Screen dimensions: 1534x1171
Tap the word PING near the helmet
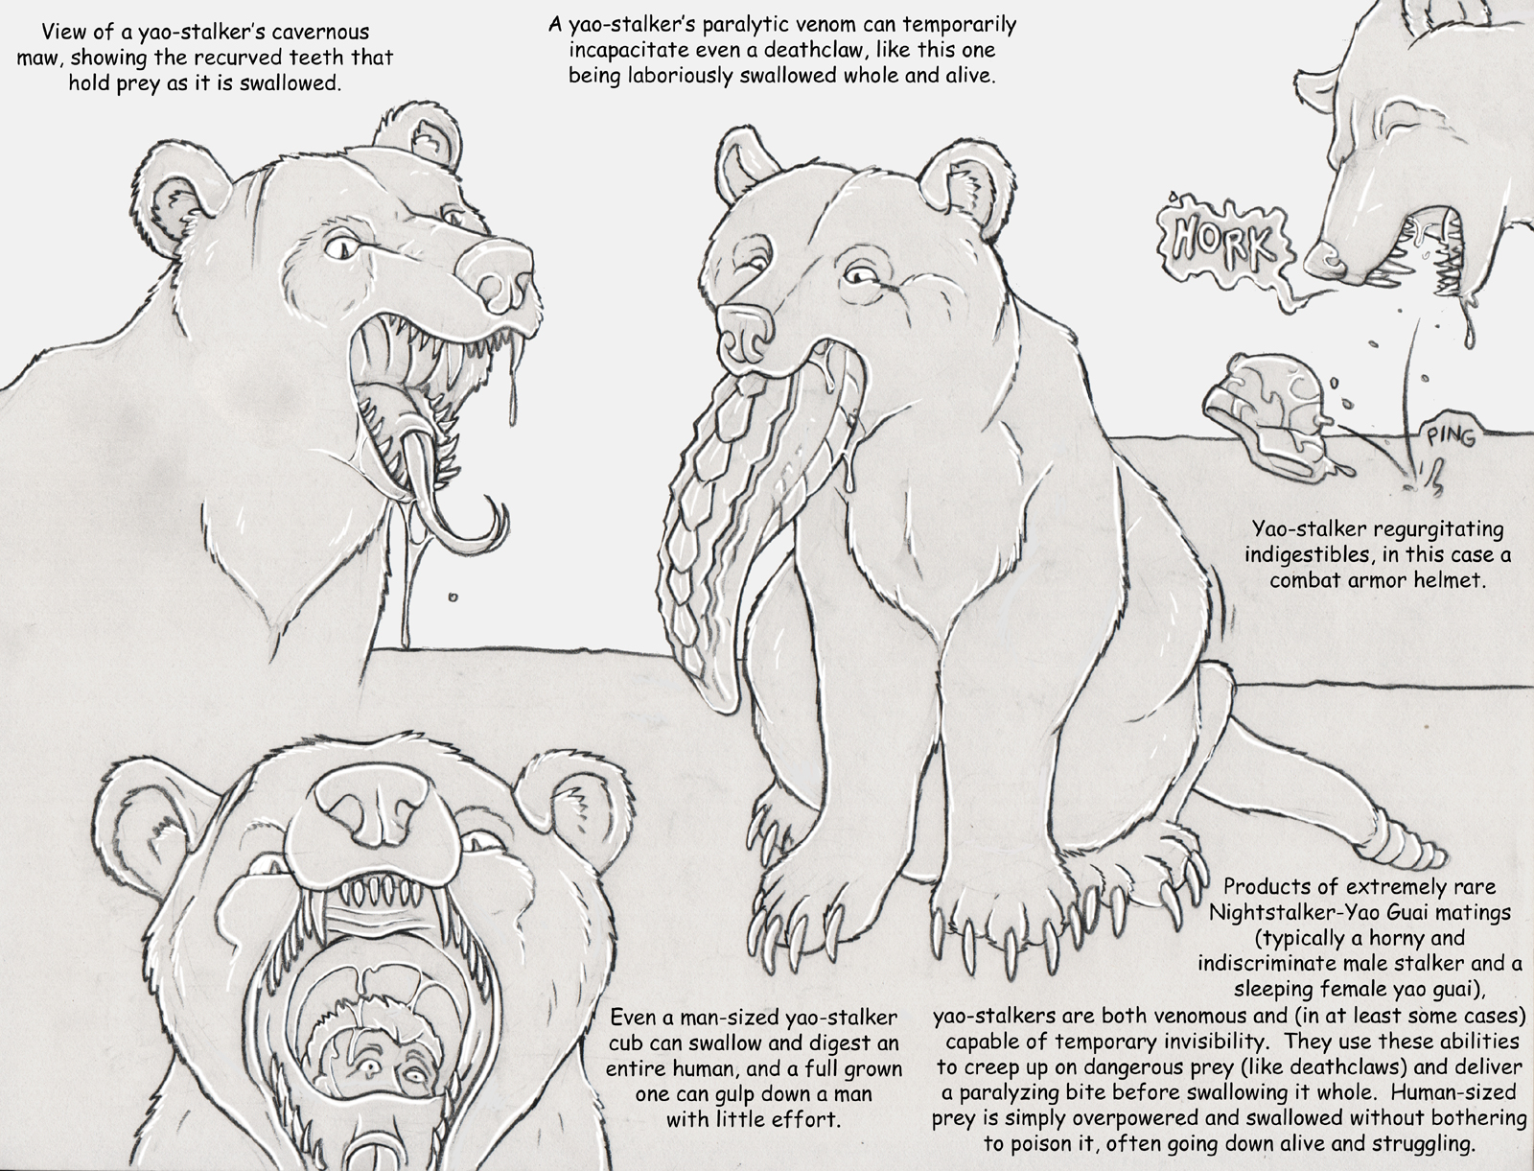point(1451,438)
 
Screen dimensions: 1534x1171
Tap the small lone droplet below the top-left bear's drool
point(453,597)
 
